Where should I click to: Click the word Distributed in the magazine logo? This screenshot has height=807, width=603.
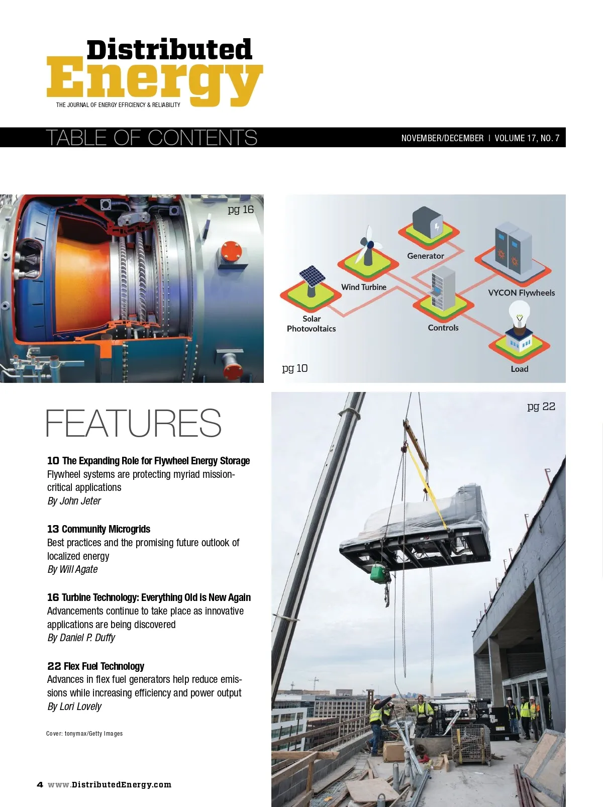169,50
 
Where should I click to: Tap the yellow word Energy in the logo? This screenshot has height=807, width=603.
154,80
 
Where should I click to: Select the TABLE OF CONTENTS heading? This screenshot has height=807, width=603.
151,138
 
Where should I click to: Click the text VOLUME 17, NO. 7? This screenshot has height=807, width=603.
527,138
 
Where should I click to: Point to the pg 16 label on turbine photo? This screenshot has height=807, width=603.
241,210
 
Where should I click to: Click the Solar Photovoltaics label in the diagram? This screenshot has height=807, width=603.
312,324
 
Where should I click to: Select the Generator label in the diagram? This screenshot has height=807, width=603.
426,256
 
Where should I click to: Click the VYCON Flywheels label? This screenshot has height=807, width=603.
521,293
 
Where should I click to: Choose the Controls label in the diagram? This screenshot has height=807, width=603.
443,328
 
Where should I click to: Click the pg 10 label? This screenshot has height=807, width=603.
295,368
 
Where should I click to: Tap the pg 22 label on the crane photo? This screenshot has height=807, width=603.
541,407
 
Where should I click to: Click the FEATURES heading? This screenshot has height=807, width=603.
133,423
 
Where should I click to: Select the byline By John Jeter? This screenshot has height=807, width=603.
74,501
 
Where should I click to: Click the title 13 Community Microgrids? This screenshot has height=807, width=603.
99,529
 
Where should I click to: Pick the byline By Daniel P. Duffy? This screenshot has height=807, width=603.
81,638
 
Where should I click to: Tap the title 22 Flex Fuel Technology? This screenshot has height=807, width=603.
96,666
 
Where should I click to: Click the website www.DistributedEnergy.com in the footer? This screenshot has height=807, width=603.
110,785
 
